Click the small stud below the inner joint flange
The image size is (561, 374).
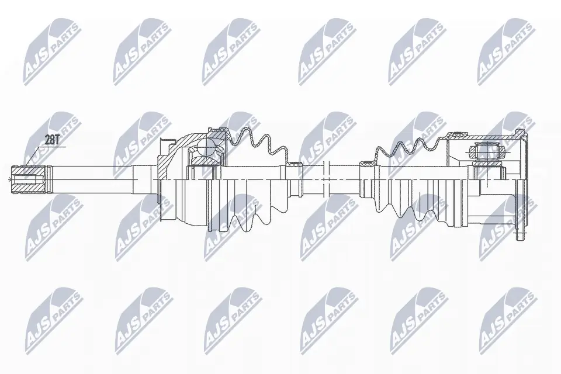pos(518,236)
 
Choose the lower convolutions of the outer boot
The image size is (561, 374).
pos(251,207)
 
